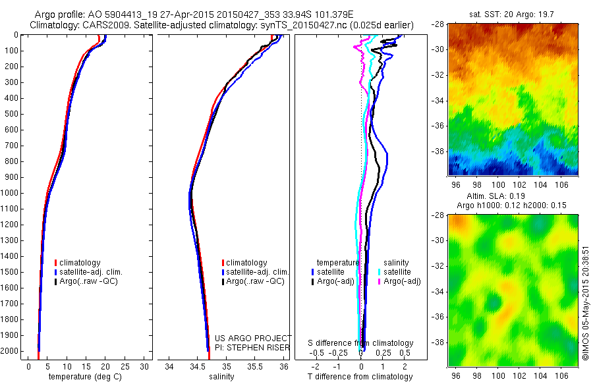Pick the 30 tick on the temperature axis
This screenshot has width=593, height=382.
point(145,366)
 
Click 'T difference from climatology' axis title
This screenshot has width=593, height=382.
point(360,377)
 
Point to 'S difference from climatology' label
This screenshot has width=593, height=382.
point(361,343)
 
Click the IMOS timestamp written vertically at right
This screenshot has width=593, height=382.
point(586,303)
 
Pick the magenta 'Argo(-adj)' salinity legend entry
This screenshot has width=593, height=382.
point(401,281)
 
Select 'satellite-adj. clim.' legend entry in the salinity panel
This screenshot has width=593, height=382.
point(258,272)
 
